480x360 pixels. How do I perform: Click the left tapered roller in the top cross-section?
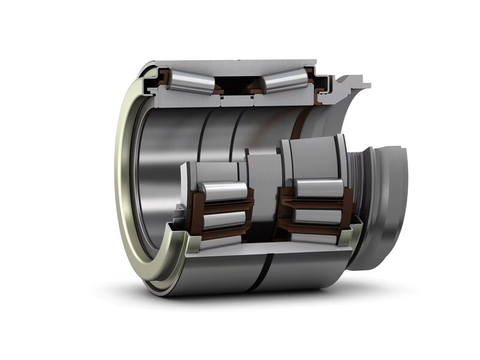190,82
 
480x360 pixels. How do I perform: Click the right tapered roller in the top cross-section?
287,80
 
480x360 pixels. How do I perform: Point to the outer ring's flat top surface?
240,62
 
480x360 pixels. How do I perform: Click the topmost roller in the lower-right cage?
318,188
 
